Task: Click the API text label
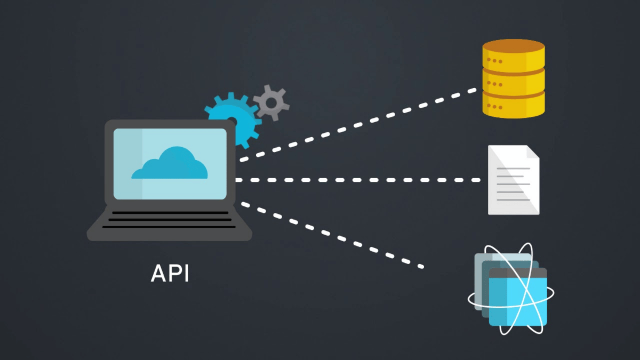click(170, 273)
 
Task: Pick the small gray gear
click(271, 102)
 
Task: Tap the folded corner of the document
click(532, 152)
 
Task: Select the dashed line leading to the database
click(357, 125)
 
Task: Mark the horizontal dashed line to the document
click(357, 180)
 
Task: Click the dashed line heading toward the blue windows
click(331, 234)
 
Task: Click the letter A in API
click(157, 273)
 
